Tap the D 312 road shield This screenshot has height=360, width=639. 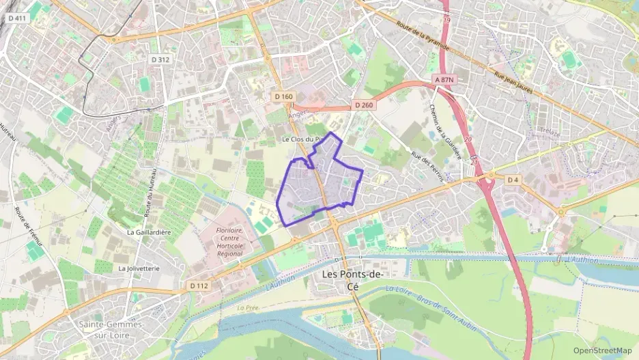(x=160, y=59)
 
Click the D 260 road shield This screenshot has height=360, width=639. (x=364, y=105)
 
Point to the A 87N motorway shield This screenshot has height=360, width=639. (x=444, y=80)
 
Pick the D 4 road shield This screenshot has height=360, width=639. (x=513, y=179)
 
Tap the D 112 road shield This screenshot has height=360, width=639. (x=198, y=285)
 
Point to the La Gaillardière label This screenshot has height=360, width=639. (x=149, y=232)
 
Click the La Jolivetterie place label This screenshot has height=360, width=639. (x=139, y=268)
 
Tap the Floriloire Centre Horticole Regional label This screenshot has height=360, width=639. (x=221, y=243)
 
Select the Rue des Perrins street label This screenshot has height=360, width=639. (x=428, y=166)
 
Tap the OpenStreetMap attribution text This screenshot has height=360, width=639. (x=602, y=350)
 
